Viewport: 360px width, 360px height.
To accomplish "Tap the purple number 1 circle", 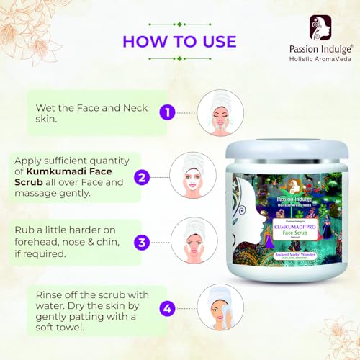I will [166, 112].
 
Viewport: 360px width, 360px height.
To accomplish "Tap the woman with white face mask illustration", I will [189, 174].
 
